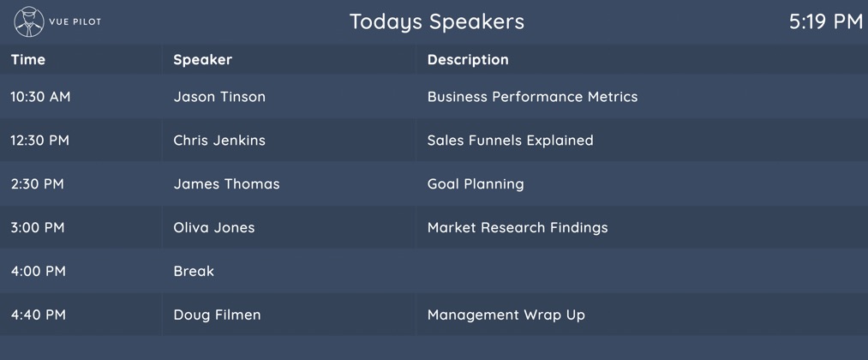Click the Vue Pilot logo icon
29,21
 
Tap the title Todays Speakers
436,21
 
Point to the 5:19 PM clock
825,21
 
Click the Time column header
28,59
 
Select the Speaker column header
202,59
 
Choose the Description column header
468,59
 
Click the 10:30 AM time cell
40,97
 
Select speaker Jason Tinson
219,97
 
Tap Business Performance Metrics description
532,97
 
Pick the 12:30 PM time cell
40,141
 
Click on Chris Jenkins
219,141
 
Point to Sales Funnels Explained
510,141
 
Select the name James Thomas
226,184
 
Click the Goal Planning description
476,184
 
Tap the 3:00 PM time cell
38,228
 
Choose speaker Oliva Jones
214,228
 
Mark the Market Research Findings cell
518,228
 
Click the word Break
194,271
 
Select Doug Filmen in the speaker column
217,315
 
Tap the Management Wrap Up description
506,315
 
